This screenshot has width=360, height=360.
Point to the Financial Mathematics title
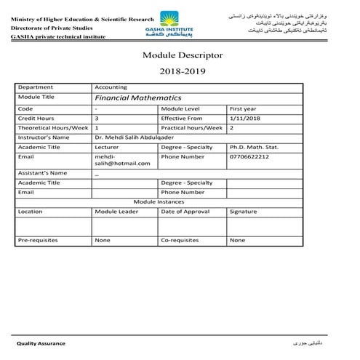tap(128, 97)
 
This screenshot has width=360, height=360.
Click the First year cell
tap(243, 108)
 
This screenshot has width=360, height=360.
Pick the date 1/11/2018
tap(244, 118)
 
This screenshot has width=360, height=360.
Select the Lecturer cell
tap(107, 146)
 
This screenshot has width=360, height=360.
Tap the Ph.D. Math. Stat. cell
tap(254, 146)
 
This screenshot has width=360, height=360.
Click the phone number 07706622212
tap(249, 156)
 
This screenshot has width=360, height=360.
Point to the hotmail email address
tap(122, 160)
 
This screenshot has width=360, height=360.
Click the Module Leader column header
tap(116, 212)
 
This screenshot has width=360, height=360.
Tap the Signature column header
tap(243, 212)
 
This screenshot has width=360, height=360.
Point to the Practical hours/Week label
tap(192, 127)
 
